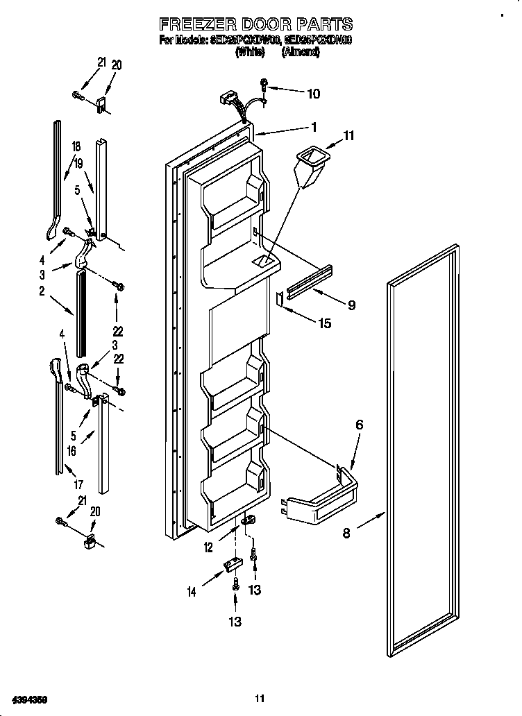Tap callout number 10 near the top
313,93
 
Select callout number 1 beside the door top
314,127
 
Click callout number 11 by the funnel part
348,137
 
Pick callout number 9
351,305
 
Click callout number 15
324,323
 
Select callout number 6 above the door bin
359,425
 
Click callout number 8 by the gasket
346,534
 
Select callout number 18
76,146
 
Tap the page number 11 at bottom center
260,698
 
